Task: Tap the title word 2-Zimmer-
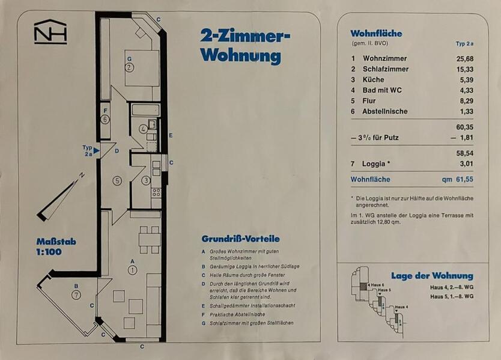coord(245,37)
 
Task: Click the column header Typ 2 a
coord(464,44)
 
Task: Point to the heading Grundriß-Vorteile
coord(240,239)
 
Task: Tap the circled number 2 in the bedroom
coord(129,67)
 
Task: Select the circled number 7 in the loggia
coord(76,294)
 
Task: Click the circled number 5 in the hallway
coord(118,180)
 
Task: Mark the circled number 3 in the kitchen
coord(146,180)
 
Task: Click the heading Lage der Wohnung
coord(432,276)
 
